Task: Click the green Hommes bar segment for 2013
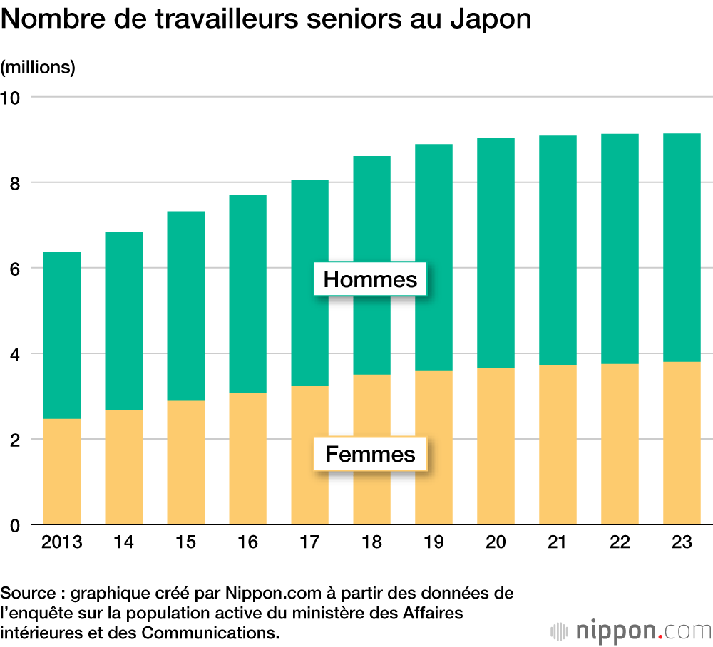[x=62, y=335]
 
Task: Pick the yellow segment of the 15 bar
[x=185, y=462]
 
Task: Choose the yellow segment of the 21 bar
[x=558, y=445]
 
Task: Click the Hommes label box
[x=370, y=279]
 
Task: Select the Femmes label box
[x=370, y=454]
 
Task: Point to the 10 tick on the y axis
[x=12, y=97]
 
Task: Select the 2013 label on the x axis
[x=62, y=543]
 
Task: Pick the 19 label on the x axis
[x=434, y=543]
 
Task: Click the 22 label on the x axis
[x=620, y=543]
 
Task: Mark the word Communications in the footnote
[x=207, y=632]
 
